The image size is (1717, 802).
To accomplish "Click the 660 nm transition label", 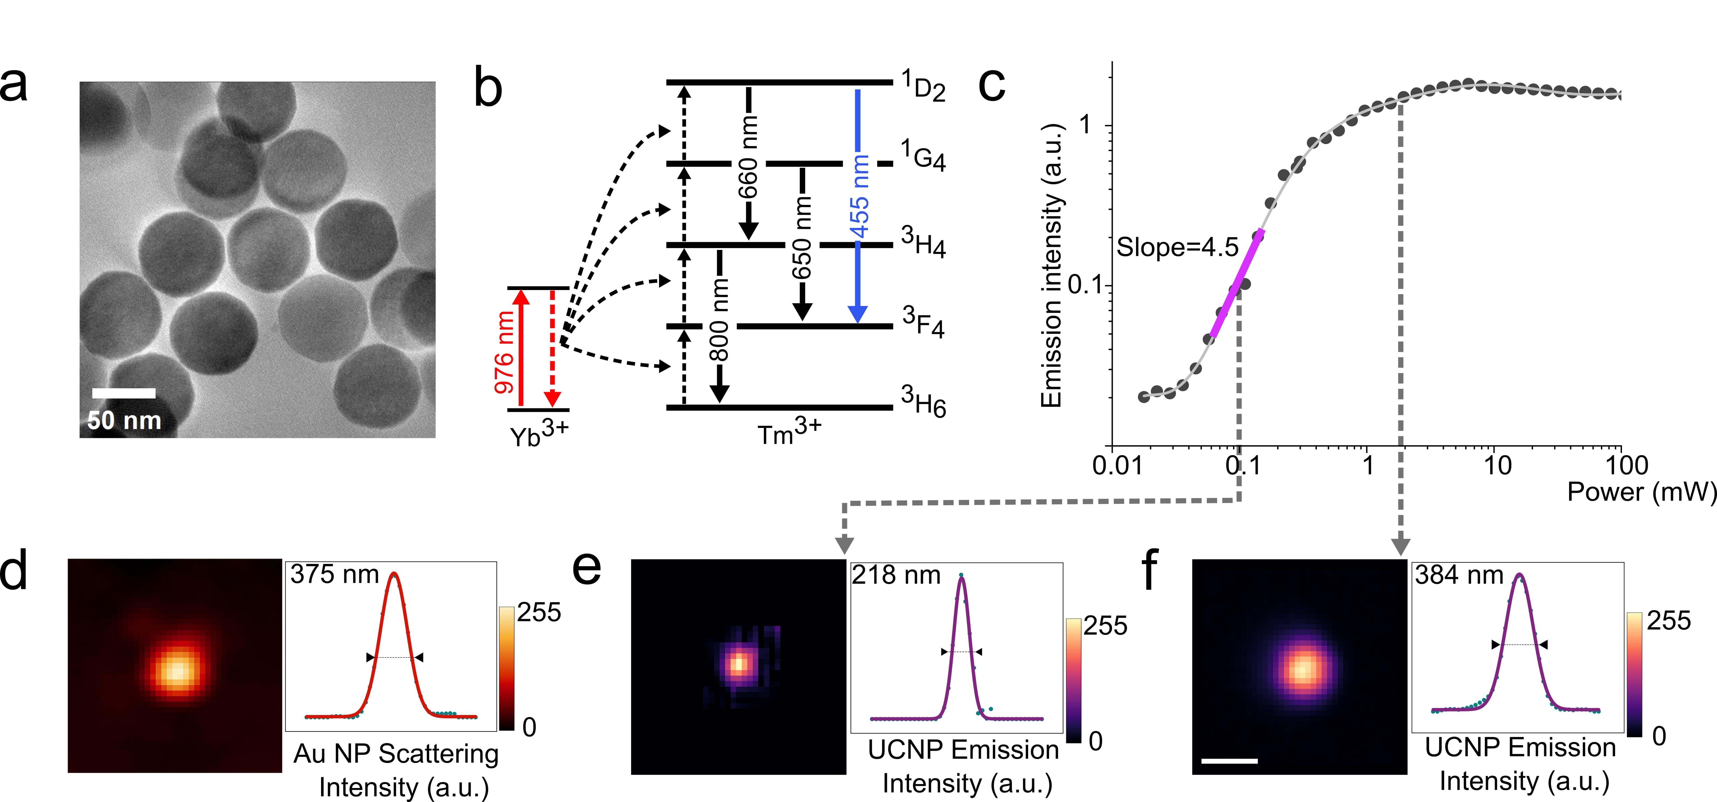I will point(748,157).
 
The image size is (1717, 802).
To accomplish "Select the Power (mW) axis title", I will point(1641,492).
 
